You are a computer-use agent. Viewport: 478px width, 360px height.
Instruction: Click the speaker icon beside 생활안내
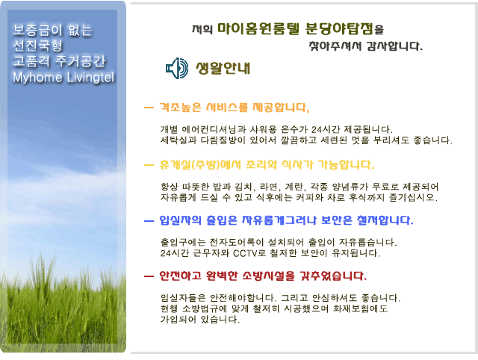click(177, 68)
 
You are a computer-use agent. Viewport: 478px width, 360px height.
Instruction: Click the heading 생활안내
click(223, 68)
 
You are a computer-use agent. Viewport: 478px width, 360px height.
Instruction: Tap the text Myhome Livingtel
click(63, 78)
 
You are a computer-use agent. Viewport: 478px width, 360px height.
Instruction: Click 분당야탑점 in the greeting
click(339, 28)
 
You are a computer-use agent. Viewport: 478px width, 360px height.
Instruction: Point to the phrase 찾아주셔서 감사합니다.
click(365, 46)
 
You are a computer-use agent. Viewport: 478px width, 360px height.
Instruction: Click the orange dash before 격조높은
click(149, 108)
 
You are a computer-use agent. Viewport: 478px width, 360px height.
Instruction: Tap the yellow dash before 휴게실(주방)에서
click(149, 165)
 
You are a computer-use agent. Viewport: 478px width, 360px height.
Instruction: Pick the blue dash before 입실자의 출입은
click(149, 220)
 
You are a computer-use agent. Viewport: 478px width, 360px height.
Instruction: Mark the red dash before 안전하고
click(149, 276)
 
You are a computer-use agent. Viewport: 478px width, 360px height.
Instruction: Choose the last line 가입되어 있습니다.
click(200, 320)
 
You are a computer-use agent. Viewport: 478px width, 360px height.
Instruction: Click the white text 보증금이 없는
click(52, 30)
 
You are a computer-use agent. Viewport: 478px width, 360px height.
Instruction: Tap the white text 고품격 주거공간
click(59, 61)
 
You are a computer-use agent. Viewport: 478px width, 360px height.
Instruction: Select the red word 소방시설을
click(269, 276)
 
